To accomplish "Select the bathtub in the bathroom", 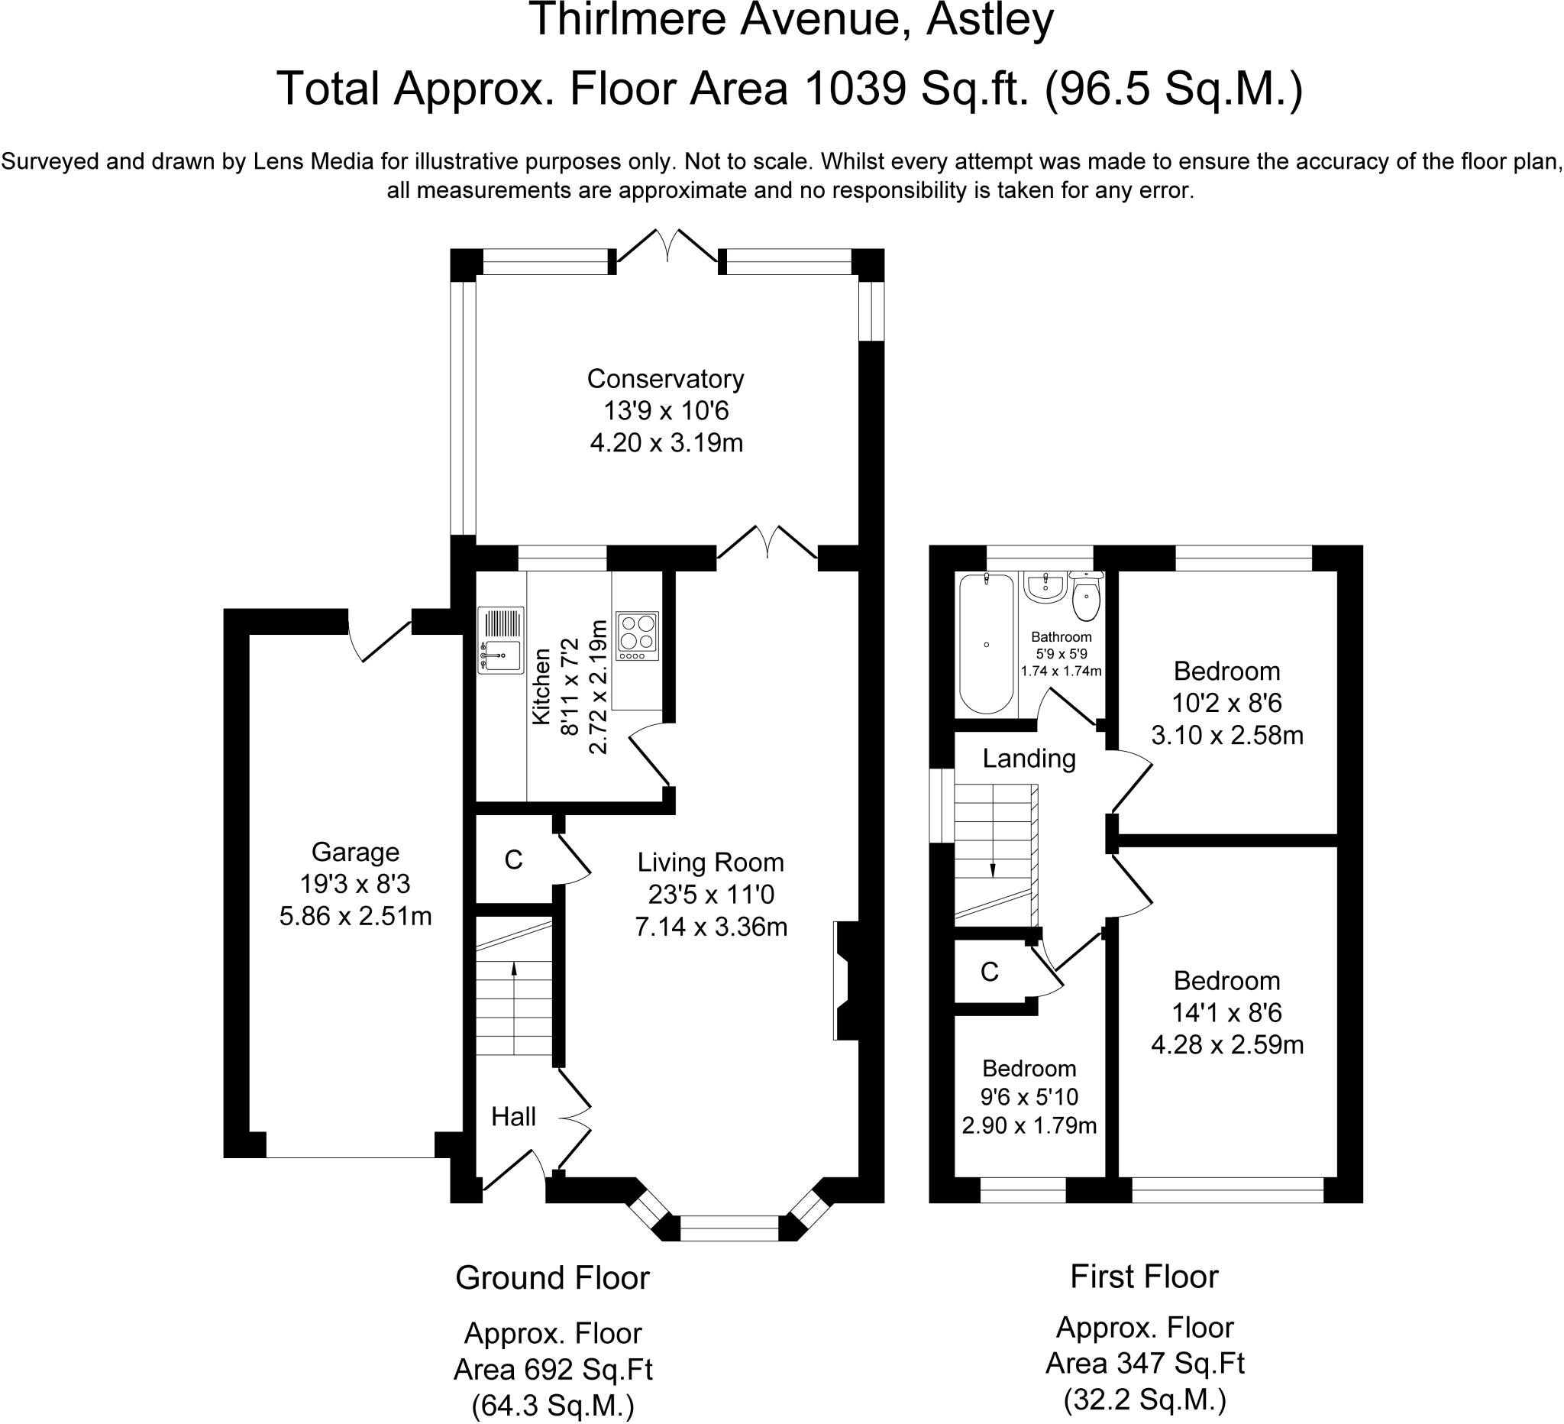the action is (986, 643).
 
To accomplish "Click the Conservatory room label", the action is (665, 379).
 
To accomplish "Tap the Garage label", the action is (355, 852).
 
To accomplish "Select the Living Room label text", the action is (711, 862).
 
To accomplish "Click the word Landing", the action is (1029, 758).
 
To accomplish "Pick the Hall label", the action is (514, 1117).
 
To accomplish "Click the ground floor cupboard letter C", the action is (514, 860).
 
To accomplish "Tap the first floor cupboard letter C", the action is (989, 972).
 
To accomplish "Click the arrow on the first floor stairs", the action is (993, 869).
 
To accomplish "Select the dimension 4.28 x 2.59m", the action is (1226, 1045).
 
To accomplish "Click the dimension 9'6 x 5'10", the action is (1029, 1096).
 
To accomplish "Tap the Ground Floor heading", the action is (552, 1277).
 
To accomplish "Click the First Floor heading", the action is (1144, 1277).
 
